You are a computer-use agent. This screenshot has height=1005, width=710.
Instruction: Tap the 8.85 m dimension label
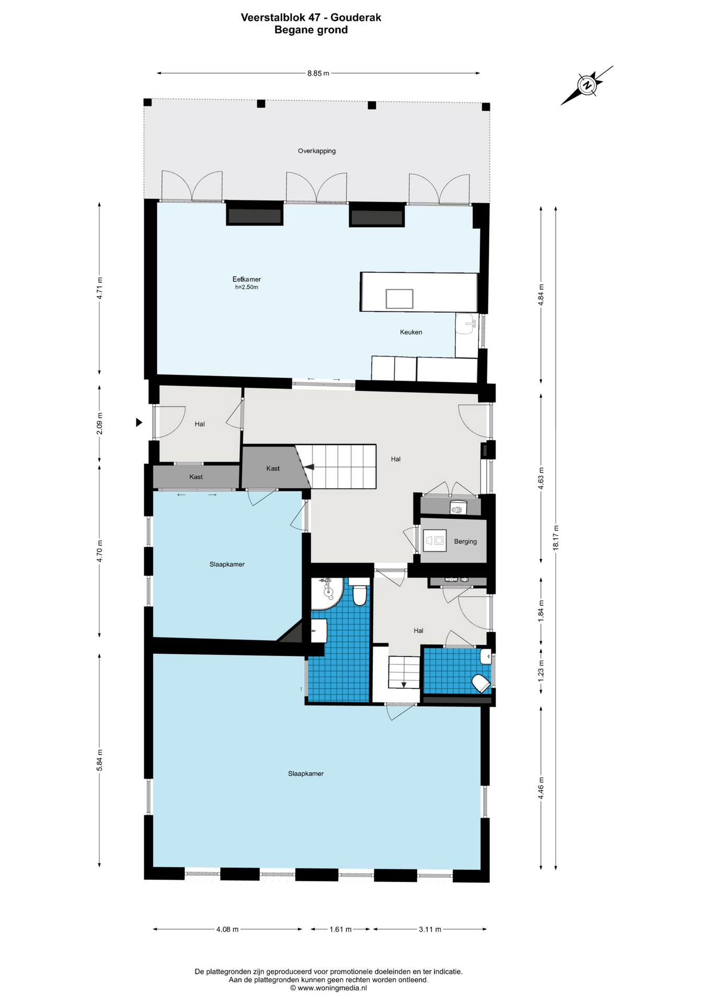318,73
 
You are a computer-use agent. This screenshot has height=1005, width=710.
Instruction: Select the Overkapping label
317,151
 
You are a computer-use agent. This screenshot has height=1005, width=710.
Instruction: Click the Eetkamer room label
247,279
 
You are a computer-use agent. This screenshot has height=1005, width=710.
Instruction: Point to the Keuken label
411,332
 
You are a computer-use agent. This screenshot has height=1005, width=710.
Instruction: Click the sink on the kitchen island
399,299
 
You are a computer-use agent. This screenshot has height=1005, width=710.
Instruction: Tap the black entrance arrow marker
139,422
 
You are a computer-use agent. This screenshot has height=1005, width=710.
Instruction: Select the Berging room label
465,541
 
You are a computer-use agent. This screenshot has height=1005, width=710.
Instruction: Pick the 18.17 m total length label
556,537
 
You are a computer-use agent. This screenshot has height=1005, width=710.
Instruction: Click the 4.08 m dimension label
227,929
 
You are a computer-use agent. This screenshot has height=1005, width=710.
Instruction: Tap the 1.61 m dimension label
340,929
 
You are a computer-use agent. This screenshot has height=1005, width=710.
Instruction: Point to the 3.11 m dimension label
430,929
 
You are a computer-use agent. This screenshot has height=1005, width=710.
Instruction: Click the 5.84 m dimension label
99,760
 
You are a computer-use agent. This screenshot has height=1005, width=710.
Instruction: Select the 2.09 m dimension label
99,423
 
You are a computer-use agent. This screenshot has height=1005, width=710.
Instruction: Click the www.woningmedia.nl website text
328,988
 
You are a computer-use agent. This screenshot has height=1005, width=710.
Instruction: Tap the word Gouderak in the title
356,17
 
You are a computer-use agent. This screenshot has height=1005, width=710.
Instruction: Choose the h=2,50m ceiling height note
247,287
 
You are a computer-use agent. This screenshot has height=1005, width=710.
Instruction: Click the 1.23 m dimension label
541,670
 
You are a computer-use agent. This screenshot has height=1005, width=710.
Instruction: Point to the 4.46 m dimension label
541,787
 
